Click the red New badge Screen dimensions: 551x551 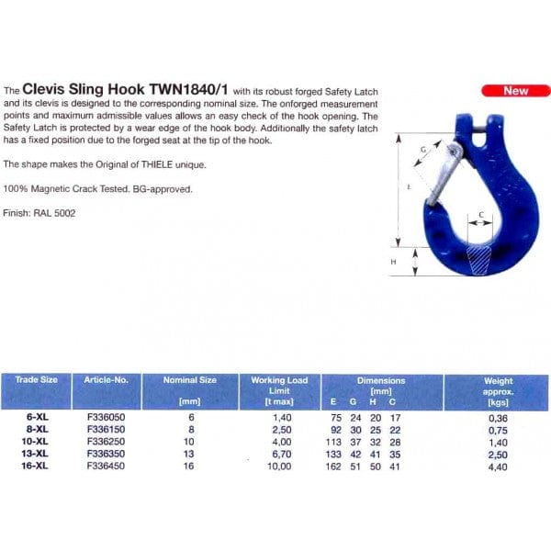pos(516,91)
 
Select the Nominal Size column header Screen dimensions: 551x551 pos(190,379)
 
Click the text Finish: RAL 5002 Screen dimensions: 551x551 pos(39,213)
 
